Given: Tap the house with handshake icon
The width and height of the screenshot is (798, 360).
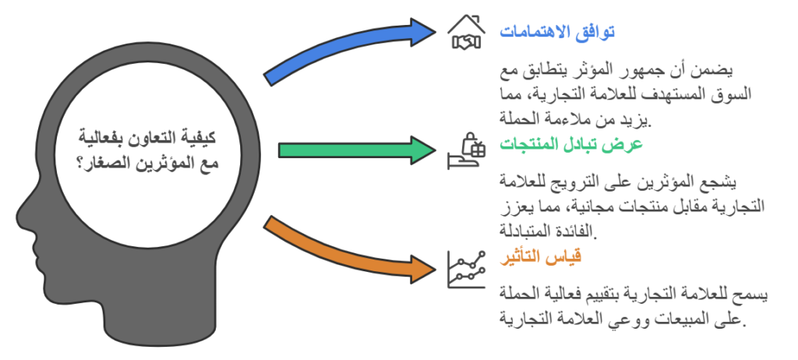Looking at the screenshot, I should pyautogui.click(x=465, y=33).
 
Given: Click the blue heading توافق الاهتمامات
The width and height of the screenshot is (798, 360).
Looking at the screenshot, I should pyautogui.click(x=557, y=33).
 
